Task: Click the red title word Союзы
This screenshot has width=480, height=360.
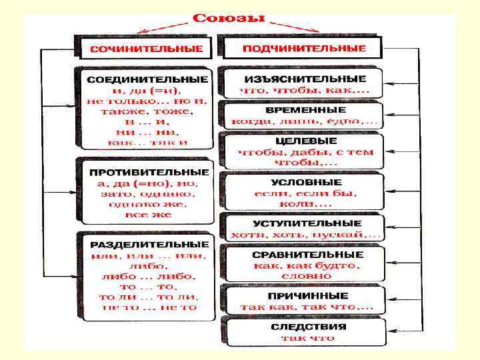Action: [x=229, y=17]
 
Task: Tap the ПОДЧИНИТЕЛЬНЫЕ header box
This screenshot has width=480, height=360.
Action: [x=303, y=49]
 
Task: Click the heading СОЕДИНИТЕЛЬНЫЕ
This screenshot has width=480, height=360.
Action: [x=147, y=79]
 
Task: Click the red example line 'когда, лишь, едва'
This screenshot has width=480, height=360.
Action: [x=304, y=121]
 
